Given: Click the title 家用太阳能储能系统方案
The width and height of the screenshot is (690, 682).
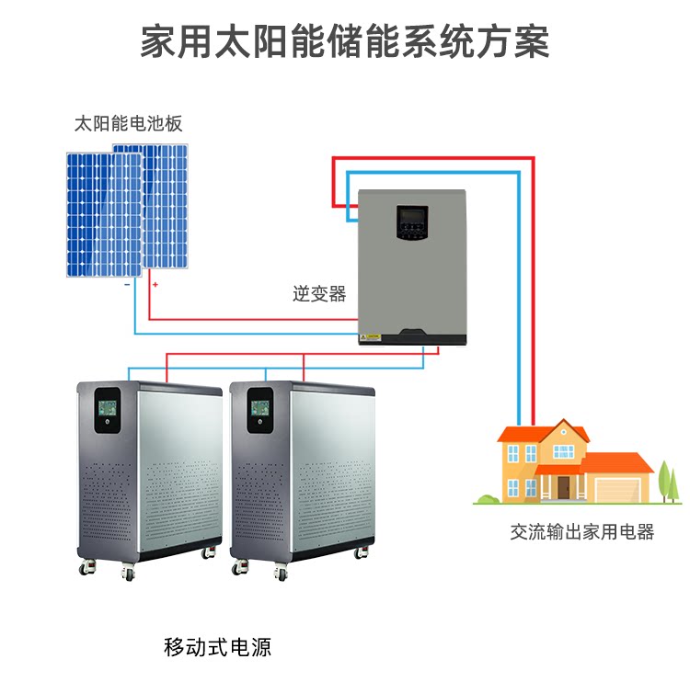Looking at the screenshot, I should point(345,41).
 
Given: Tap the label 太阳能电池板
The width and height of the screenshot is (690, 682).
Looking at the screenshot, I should point(129,123).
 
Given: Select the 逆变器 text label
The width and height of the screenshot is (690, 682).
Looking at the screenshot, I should point(319,294).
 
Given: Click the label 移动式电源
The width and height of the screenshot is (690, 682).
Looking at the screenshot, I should point(218,646).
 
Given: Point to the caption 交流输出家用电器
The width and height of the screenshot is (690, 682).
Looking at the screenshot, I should point(582,531).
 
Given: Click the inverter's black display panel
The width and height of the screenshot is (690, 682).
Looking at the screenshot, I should point(411,223).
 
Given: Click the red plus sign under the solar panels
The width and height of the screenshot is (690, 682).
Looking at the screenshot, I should point(155,285).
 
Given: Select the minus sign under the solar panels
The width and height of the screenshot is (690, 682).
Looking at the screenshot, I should point(126,285).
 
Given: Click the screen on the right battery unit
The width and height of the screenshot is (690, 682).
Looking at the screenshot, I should point(260,404).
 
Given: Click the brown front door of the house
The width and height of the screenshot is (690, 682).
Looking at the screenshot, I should point(563,486).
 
